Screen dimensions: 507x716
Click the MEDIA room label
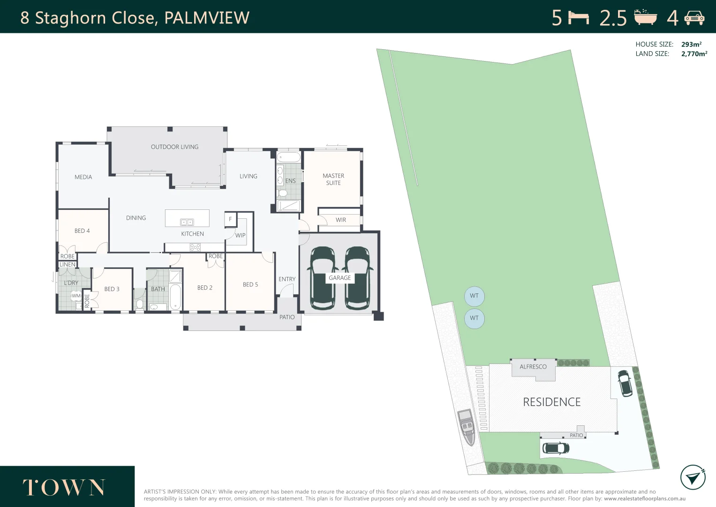click(x=83, y=177)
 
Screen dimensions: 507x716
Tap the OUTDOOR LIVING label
click(x=174, y=147)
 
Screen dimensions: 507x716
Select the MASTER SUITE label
click(x=333, y=179)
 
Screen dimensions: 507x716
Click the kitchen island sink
click(x=187, y=222)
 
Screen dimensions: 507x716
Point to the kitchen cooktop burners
click(x=195, y=247)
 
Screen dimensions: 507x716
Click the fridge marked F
click(x=230, y=219)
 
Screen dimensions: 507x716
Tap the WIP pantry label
click(x=240, y=235)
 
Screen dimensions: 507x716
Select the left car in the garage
click(x=322, y=278)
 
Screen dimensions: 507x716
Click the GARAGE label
click(x=339, y=278)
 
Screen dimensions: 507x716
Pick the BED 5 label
click(x=250, y=284)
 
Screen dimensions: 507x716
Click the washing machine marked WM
click(x=76, y=296)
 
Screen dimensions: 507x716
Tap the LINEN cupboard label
click(x=68, y=265)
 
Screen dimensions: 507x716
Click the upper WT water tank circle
click(x=474, y=296)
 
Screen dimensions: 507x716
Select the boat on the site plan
click(x=467, y=427)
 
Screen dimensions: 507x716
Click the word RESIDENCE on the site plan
click(x=551, y=402)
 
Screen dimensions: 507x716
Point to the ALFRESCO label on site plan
click(x=533, y=367)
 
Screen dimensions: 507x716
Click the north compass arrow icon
click(x=693, y=477)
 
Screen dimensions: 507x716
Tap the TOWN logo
click(x=64, y=488)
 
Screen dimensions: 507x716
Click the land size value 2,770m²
click(x=694, y=54)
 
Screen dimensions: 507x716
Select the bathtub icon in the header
click(x=646, y=17)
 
